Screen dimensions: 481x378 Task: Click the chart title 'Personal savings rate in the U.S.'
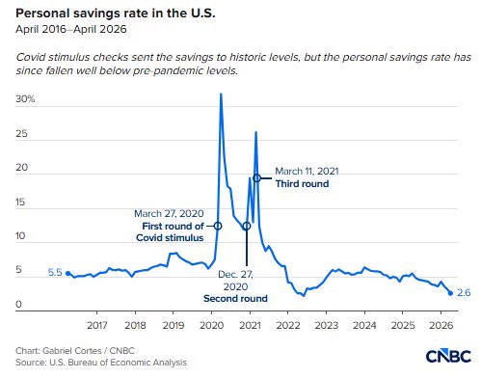[x=116, y=13]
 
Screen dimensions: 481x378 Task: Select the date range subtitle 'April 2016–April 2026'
[x=71, y=29]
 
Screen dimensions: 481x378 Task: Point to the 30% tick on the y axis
[x=25, y=98]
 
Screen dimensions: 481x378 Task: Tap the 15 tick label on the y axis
[x=20, y=202]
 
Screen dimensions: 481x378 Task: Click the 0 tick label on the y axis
[x=18, y=304]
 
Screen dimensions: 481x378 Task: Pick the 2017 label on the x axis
[x=97, y=325]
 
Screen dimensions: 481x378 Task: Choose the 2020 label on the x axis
[x=212, y=325]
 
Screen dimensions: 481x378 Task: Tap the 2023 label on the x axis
[x=327, y=325]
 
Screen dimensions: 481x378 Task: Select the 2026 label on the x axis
[x=441, y=325]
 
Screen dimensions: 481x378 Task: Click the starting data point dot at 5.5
[x=67, y=274]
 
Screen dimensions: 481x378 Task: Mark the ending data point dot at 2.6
[x=450, y=293]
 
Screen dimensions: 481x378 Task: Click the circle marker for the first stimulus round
[x=218, y=226]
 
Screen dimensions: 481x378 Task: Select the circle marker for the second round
[x=247, y=227]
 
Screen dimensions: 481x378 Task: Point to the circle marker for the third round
[x=256, y=178]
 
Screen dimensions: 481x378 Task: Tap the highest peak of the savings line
[x=221, y=94]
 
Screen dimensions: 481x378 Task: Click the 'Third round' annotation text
[x=302, y=183]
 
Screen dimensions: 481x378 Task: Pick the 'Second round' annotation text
[x=235, y=298]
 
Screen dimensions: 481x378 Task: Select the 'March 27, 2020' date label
[x=169, y=213]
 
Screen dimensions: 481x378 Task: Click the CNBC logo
[x=448, y=356]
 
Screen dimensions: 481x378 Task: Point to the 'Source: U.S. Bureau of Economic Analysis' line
[x=101, y=363]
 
